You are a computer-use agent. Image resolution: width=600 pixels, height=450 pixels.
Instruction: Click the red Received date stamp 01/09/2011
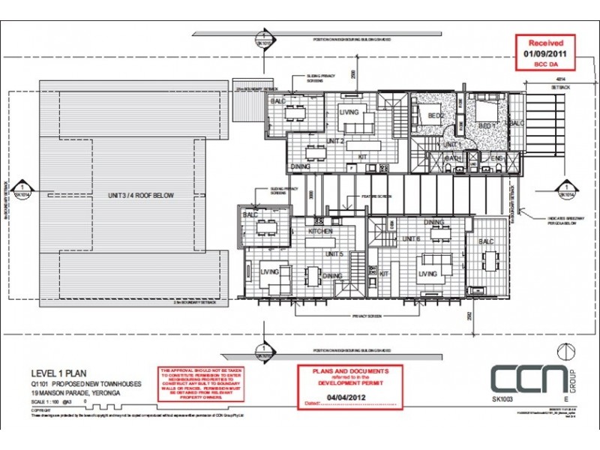click(547, 54)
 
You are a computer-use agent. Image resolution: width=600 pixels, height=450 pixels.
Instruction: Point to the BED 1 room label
click(487, 124)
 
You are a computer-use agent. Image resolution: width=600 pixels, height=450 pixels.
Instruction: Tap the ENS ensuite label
click(495, 158)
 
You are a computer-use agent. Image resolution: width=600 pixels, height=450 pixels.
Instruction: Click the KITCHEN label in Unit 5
click(320, 232)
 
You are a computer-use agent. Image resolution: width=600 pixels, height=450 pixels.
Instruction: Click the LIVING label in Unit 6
click(427, 274)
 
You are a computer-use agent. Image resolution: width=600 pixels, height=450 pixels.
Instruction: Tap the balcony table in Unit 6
click(491, 262)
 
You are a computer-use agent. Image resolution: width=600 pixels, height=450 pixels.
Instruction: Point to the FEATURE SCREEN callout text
click(373, 196)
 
